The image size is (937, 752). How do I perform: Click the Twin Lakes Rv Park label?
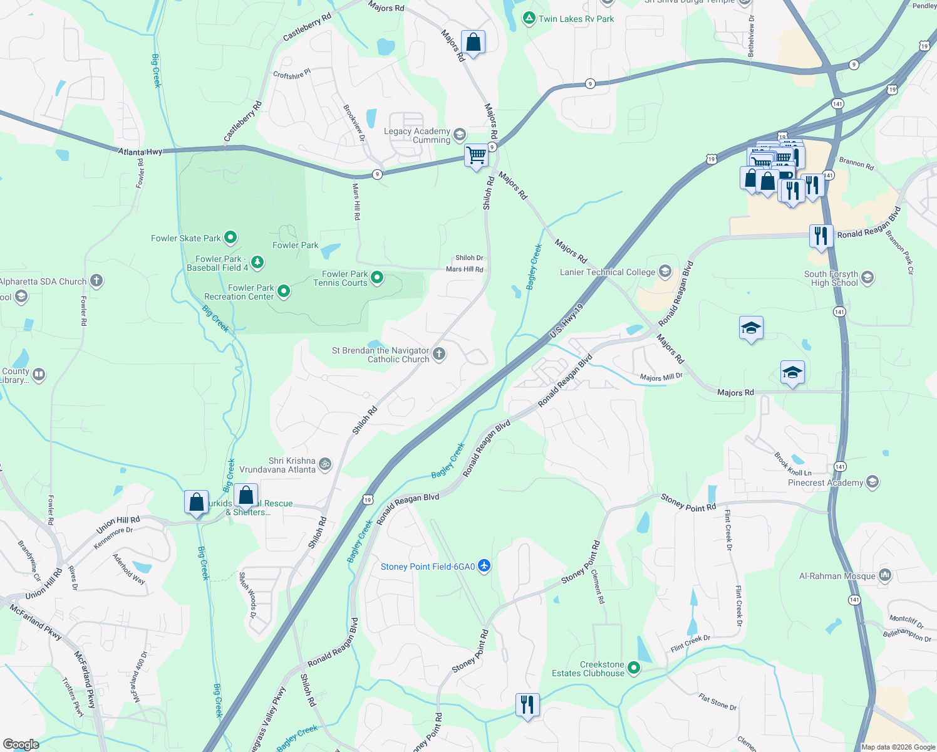tap(576, 19)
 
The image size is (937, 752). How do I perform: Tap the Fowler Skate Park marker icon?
tap(230, 238)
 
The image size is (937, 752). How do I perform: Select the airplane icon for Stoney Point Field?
tap(484, 566)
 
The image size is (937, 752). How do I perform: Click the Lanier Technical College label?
tap(607, 272)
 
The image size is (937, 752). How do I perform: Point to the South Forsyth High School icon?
tap(867, 277)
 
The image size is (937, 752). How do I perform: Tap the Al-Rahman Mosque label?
tap(837, 576)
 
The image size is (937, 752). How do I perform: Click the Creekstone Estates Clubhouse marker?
tap(634, 668)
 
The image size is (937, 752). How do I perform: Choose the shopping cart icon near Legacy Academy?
tap(477, 154)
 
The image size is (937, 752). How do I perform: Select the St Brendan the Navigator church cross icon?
tap(439, 354)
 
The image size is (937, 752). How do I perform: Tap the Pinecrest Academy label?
tap(826, 483)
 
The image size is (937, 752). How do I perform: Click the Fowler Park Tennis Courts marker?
tap(377, 277)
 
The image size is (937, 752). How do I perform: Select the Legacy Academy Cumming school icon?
tap(460, 135)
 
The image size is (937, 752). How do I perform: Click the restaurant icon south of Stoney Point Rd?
tap(527, 704)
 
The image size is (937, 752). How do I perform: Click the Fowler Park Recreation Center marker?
tap(284, 291)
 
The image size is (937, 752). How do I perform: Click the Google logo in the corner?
tap(21, 744)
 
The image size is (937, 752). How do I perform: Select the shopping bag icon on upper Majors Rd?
tap(473, 43)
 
